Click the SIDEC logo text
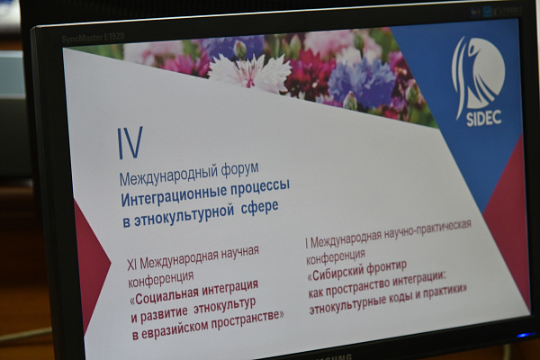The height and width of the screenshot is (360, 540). [x=484, y=118]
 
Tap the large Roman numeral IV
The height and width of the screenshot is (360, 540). [x=130, y=142]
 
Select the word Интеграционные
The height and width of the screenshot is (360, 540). [x=173, y=196]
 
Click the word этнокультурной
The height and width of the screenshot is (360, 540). [x=182, y=214]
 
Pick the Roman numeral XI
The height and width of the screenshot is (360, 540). [x=132, y=265]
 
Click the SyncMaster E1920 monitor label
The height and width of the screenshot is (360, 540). [x=93, y=37]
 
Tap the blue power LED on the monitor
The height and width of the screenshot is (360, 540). [x=526, y=335]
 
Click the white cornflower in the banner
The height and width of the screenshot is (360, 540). [x=249, y=72]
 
